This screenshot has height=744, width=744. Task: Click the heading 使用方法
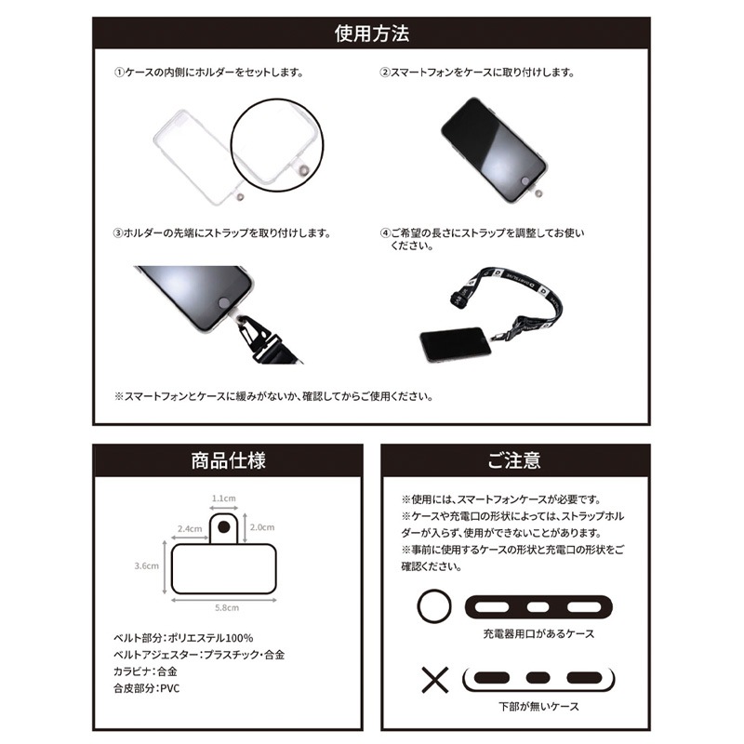[371, 33]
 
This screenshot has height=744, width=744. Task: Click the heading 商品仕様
[228, 460]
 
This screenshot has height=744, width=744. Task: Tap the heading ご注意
[515, 460]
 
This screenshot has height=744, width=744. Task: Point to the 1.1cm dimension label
[223, 498]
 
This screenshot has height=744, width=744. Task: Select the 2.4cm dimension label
[190, 528]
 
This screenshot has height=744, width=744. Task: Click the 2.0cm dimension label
[262, 527]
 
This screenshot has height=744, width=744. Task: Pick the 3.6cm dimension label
[147, 565]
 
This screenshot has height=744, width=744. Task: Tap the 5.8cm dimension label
[227, 607]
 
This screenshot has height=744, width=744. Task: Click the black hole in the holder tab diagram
[224, 526]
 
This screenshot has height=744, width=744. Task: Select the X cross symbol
[434, 680]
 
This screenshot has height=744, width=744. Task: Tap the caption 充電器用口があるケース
[538, 634]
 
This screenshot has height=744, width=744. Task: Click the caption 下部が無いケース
[538, 707]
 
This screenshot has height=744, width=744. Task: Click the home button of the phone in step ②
[525, 181]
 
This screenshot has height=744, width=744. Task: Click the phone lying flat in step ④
[456, 344]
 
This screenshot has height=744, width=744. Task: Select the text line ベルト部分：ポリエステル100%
[183, 638]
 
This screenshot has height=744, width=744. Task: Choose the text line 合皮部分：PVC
[147, 688]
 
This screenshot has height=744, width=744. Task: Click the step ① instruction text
[208, 73]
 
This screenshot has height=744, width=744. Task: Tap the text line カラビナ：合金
[145, 671]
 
